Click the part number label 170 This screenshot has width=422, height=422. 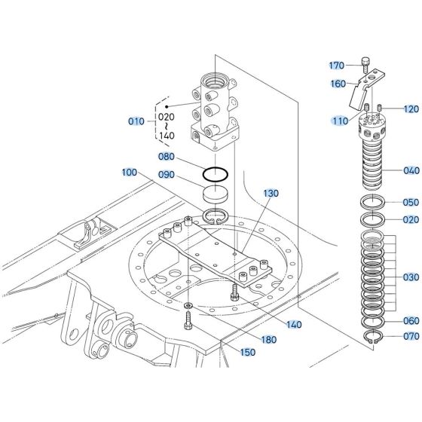pyautogui.click(x=336, y=66)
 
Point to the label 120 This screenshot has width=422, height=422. pyautogui.click(x=411, y=109)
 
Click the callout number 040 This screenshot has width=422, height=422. pyautogui.click(x=411, y=170)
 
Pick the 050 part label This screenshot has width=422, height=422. pyautogui.click(x=411, y=202)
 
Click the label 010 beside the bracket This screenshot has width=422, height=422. pyautogui.click(x=136, y=121)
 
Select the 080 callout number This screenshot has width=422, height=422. pyautogui.click(x=166, y=157)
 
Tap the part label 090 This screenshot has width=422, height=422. pyautogui.click(x=166, y=176)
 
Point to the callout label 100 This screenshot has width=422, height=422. pyautogui.click(x=130, y=173)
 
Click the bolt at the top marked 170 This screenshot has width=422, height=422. pyautogui.click(x=365, y=63)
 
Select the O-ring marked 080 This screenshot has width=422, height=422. pyautogui.click(x=217, y=173)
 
